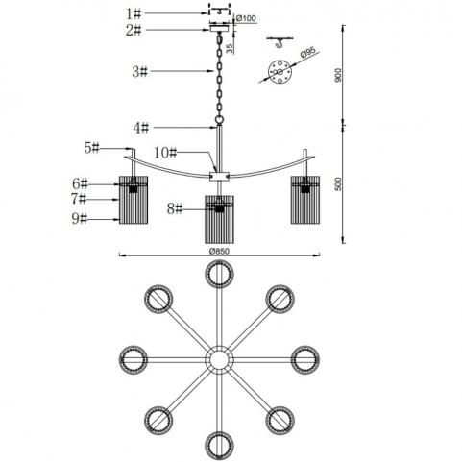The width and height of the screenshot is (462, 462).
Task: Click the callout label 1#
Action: pyautogui.click(x=134, y=13)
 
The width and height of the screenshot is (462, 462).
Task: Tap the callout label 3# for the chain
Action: pyautogui.click(x=139, y=71)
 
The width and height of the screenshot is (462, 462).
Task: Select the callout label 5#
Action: pyautogui.click(x=92, y=148)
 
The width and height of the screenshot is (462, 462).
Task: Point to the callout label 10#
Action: pyautogui.click(x=165, y=153)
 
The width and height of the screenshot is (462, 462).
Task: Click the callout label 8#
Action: pyautogui.click(x=175, y=209)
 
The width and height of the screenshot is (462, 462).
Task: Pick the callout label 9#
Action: pyautogui.click(x=80, y=219)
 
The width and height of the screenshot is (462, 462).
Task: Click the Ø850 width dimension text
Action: pyautogui.click(x=219, y=252)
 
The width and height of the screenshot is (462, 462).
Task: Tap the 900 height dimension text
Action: pyautogui.click(x=338, y=75)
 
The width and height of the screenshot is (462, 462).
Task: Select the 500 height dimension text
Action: pyautogui.click(x=338, y=184)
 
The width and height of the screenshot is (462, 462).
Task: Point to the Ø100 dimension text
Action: pyautogui.click(x=246, y=18)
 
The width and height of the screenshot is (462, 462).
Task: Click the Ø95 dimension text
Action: pyautogui.click(x=308, y=52)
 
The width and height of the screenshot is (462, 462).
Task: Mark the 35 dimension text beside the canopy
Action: pyautogui.click(x=230, y=48)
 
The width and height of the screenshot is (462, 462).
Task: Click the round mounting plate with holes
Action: pyautogui.click(x=280, y=72)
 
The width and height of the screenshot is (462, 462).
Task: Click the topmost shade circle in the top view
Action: pyautogui.click(x=219, y=261)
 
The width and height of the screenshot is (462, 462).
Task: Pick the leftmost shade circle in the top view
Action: pyautogui.click(x=121, y=359)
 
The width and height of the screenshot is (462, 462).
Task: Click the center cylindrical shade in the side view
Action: pyautogui.click(x=219, y=219)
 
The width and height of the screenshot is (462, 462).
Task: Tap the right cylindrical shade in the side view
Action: pyautogui.click(x=305, y=200)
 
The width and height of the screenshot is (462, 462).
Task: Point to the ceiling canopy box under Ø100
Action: pyautogui.click(x=219, y=29)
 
